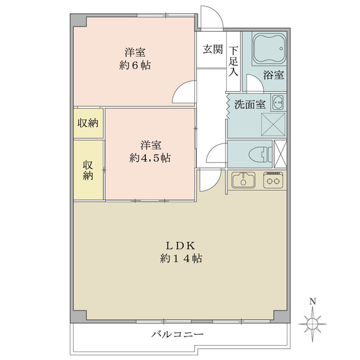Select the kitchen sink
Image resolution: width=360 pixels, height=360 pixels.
244,180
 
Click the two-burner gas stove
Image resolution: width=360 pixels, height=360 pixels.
273,180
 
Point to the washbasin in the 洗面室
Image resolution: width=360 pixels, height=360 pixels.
278,103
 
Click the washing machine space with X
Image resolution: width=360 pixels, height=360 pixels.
273,124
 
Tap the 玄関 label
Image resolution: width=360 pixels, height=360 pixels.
213,49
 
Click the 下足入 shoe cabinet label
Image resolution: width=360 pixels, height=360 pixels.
233,61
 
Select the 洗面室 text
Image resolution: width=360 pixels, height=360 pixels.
250,104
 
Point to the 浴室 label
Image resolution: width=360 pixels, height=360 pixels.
274,75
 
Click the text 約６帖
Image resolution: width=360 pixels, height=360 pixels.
135,65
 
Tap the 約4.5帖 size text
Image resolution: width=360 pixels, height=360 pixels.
149,158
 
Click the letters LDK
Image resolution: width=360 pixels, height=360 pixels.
181,246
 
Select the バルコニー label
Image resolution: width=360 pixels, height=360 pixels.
177,334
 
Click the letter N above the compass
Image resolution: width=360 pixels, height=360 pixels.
312,301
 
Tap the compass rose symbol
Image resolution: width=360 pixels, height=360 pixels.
313,324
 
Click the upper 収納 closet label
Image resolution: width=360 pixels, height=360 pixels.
88,123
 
